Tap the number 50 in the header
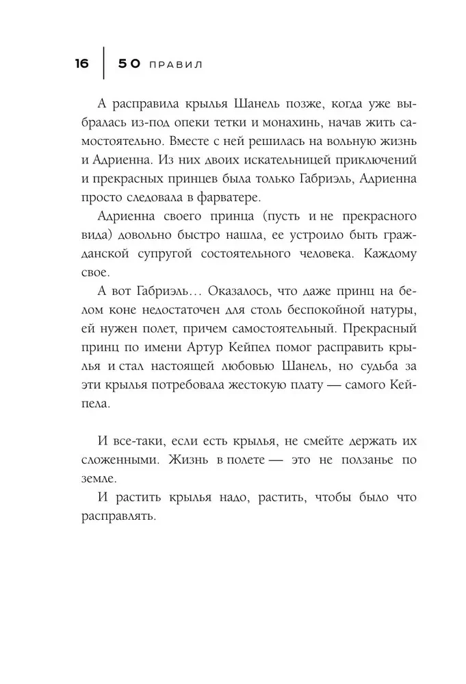click(129, 64)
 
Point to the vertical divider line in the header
click(104, 64)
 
